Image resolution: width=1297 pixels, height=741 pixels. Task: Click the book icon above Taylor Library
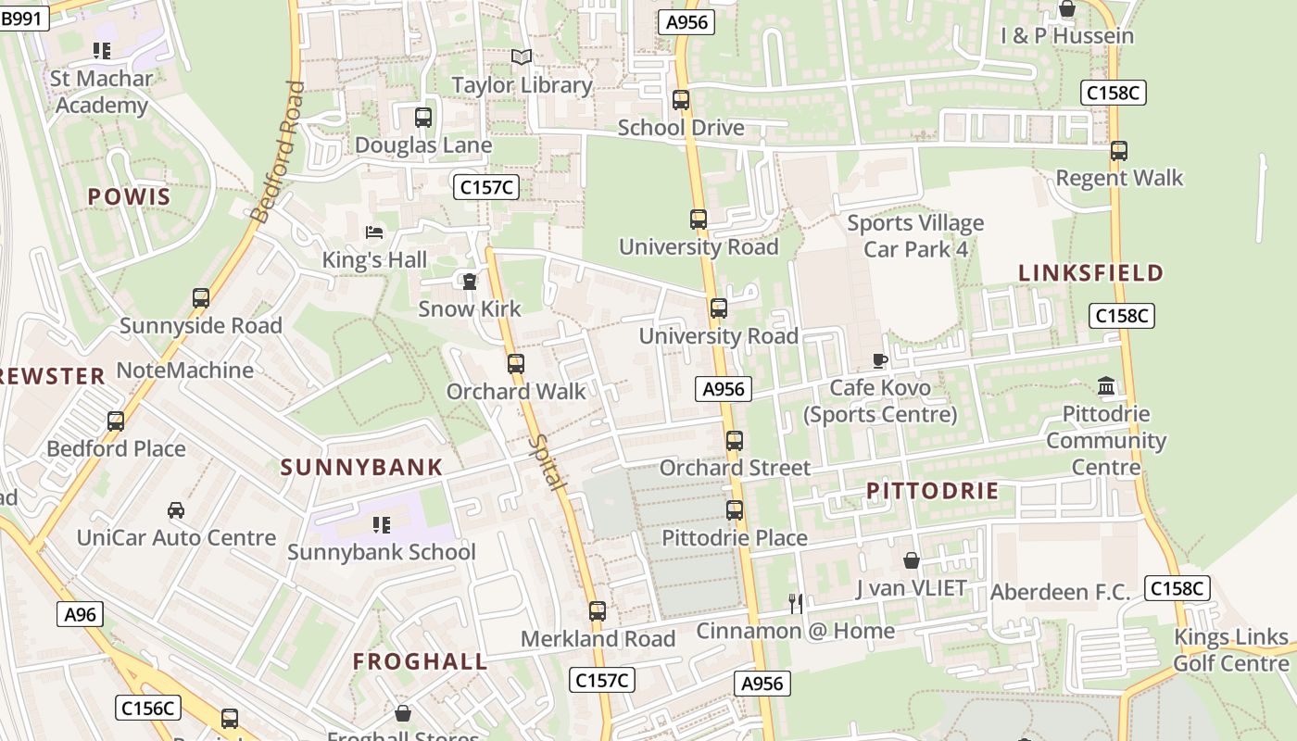click(522, 57)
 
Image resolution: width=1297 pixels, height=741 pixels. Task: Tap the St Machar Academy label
click(101, 92)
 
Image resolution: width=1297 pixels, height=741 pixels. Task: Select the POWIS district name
click(130, 196)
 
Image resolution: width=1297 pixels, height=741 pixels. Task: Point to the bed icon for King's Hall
click(374, 232)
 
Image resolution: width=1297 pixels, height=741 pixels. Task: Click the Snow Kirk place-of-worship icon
click(470, 281)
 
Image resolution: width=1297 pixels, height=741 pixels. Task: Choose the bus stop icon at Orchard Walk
click(516, 364)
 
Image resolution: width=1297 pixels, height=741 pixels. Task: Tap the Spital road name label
click(546, 463)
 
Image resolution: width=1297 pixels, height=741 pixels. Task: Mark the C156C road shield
click(148, 709)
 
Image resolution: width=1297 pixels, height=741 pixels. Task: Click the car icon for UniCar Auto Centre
click(175, 510)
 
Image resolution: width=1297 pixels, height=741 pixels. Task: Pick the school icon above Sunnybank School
click(381, 525)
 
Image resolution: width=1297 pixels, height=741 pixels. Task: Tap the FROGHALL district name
click(420, 661)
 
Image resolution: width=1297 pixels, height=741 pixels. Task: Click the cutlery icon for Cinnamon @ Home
click(795, 604)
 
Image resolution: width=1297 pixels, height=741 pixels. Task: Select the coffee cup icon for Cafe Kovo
click(879, 360)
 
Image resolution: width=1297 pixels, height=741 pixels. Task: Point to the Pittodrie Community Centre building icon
click(1105, 385)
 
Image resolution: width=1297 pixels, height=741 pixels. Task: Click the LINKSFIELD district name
click(1090, 273)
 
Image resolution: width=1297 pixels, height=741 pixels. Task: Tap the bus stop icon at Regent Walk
click(1119, 150)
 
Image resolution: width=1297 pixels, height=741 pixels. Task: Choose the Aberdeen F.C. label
click(1060, 592)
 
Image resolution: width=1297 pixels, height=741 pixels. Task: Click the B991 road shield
click(24, 18)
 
